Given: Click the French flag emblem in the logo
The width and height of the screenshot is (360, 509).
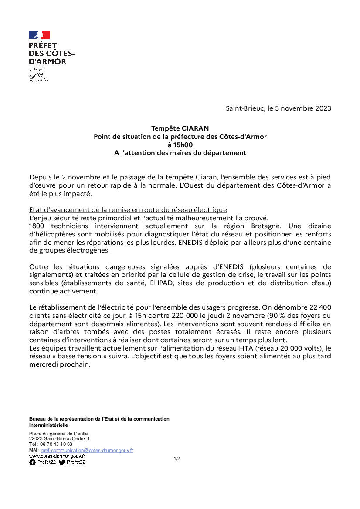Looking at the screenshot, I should click(39, 35).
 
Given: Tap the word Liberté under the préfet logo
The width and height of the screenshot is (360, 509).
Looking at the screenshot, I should click(36, 70).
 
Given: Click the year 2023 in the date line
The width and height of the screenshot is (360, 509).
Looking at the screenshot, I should click(322, 108).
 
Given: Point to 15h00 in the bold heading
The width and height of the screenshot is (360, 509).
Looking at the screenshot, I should click(180, 145).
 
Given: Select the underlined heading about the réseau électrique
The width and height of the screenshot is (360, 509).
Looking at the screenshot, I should click(128, 210).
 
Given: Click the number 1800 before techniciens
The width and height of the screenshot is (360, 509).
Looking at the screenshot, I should click(37, 226).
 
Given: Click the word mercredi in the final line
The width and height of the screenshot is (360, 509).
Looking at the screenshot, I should click(44, 364).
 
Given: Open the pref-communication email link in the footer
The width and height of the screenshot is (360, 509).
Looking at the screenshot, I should click(87, 450).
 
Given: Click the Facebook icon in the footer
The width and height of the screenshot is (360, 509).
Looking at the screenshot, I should click(32, 462).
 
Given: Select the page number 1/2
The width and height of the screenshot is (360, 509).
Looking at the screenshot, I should click(177, 458).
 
